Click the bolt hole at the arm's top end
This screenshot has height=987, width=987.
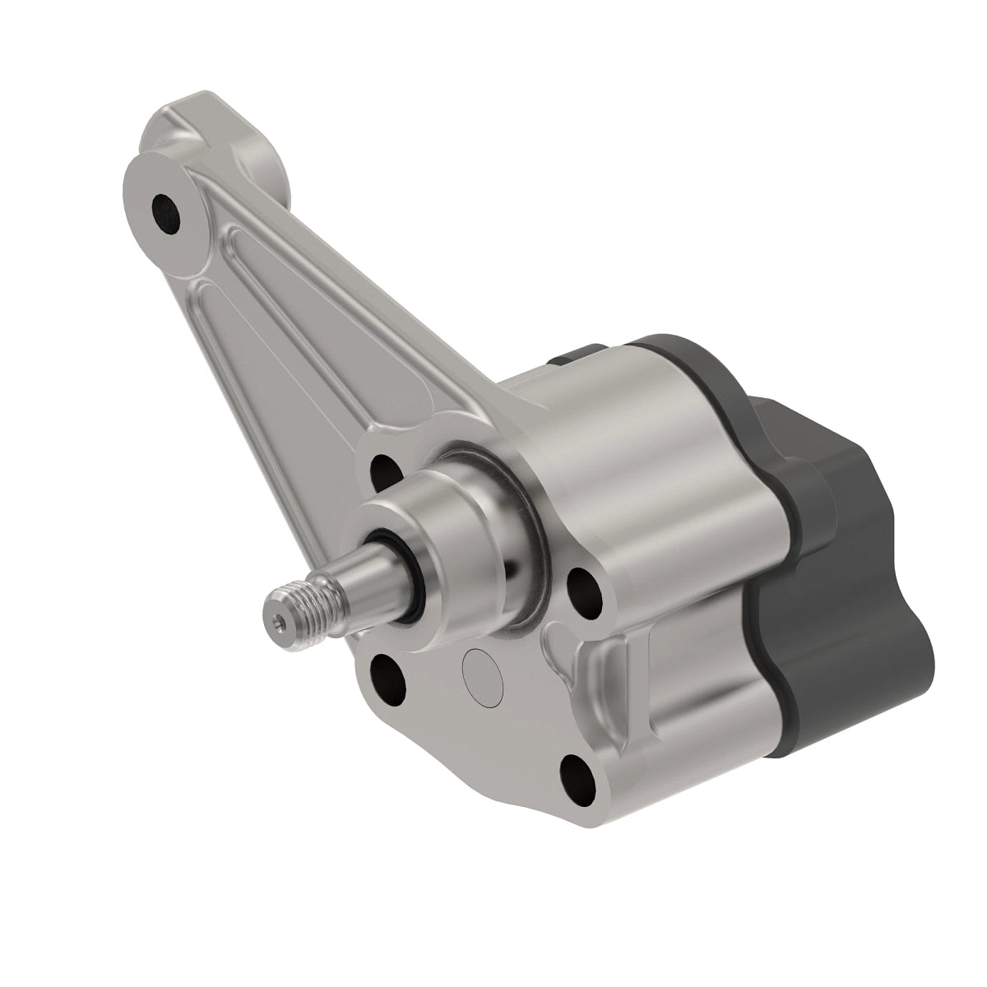coord(167,210)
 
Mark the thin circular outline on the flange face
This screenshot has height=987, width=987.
coord(483,677)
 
